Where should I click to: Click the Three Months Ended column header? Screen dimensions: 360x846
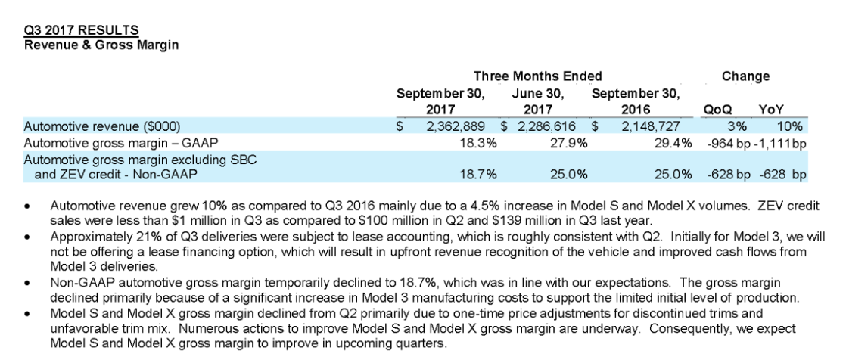(x=537, y=76)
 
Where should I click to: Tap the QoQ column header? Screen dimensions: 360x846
(x=717, y=110)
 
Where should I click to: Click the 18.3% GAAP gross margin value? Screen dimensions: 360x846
(x=479, y=141)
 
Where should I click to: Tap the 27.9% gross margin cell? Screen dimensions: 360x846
(x=571, y=141)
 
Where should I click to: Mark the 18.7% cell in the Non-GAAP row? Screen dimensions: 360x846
(x=479, y=173)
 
